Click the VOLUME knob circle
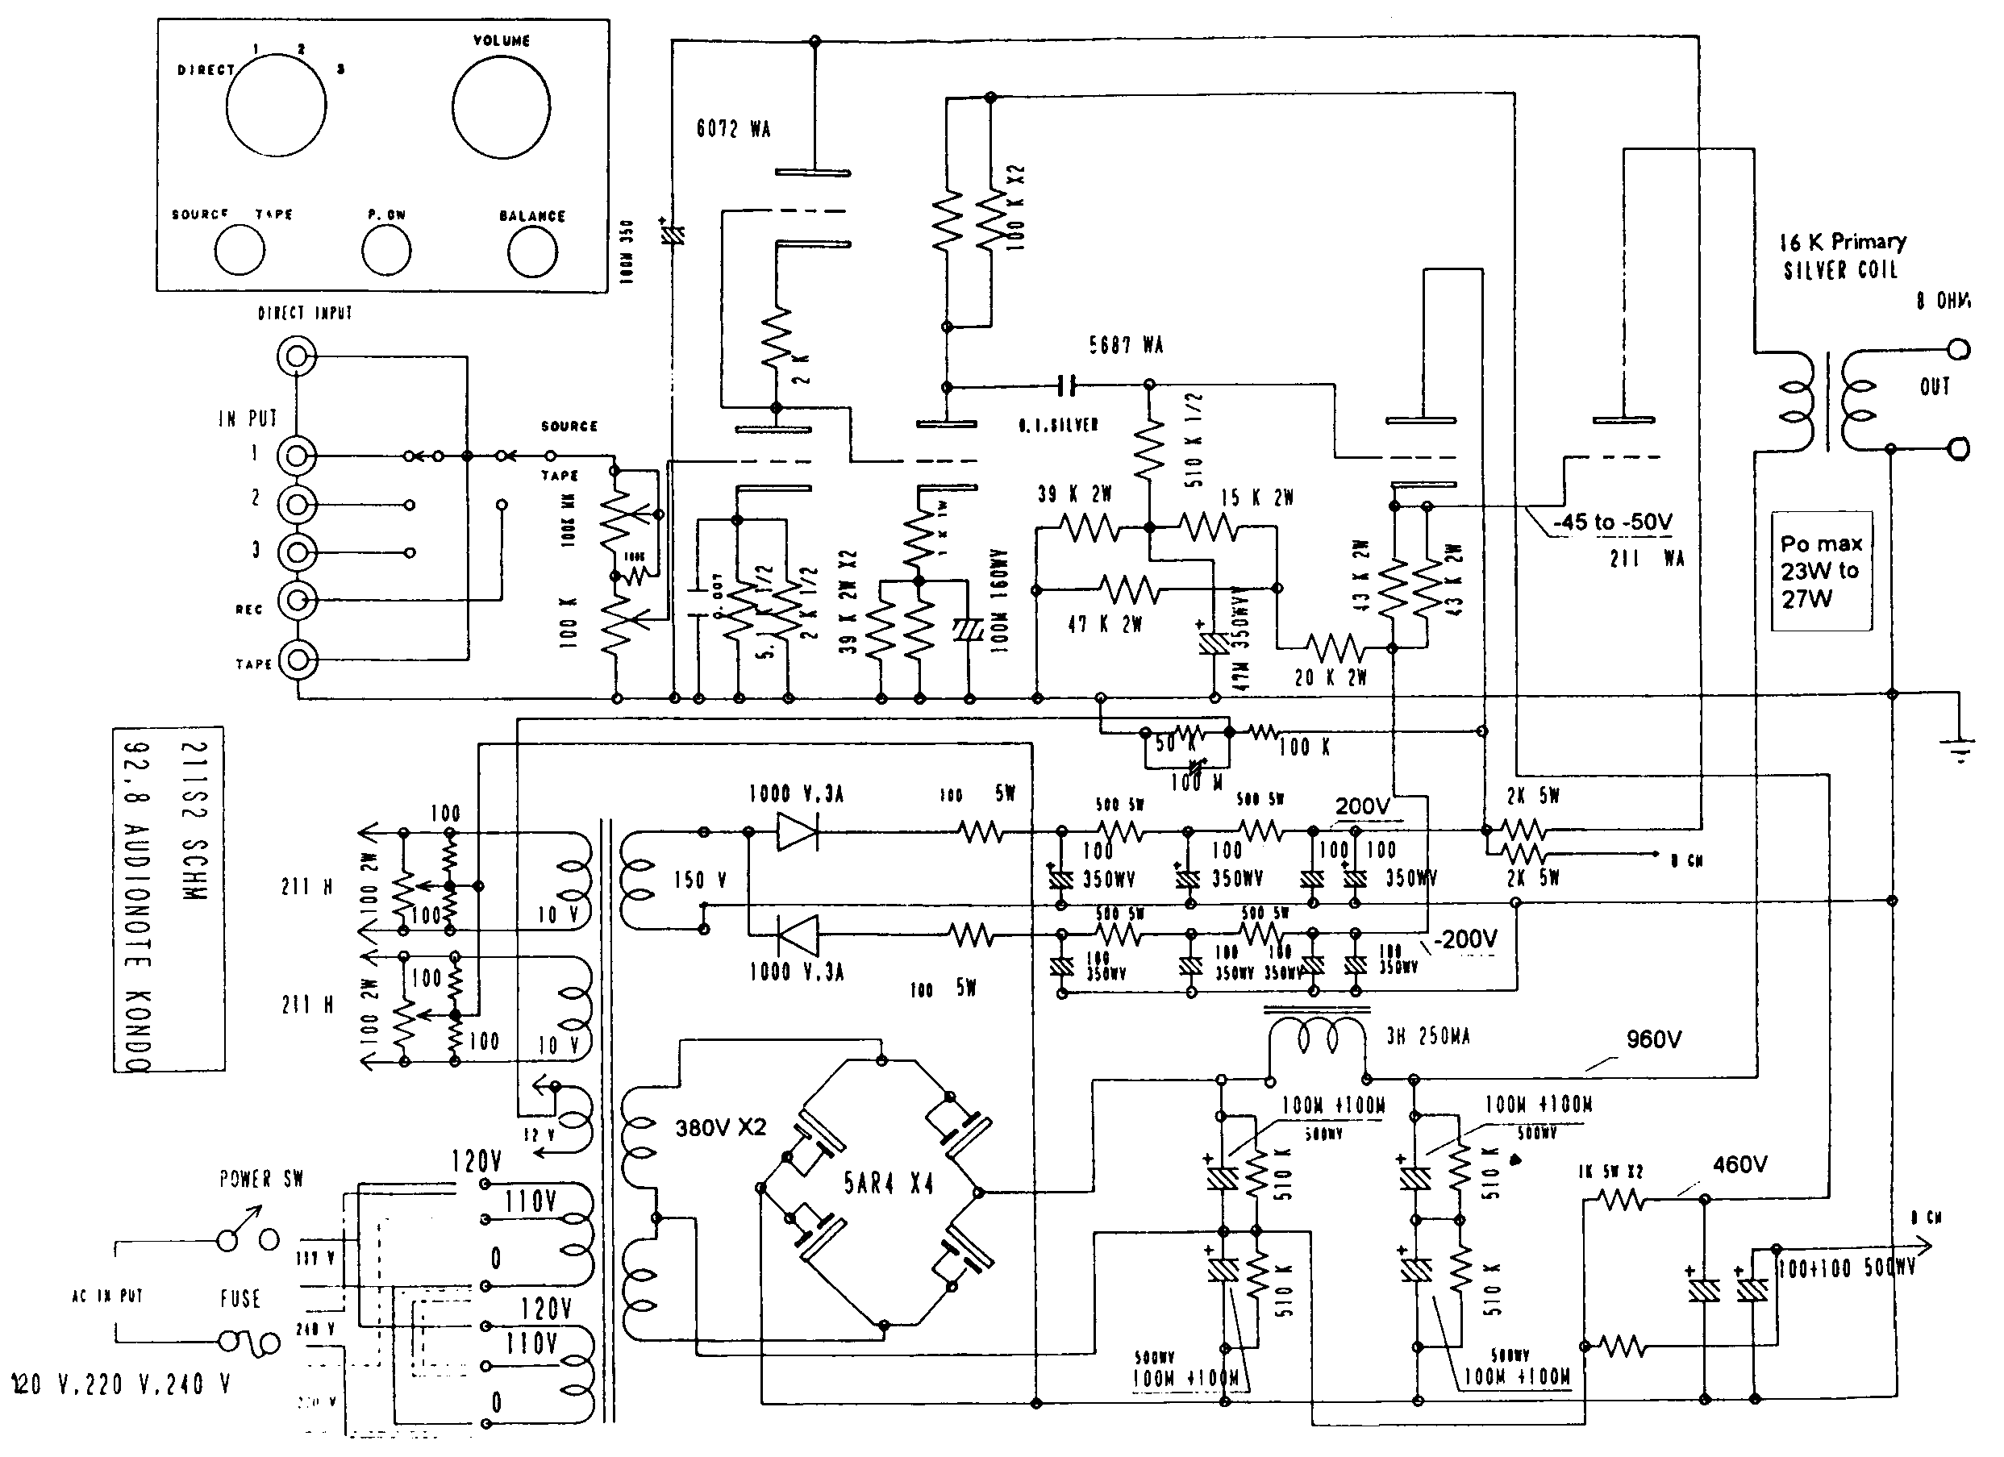coord(501,107)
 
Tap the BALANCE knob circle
coord(532,252)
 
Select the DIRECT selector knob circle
coord(276,106)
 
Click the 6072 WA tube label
coord(733,129)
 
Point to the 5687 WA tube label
coord(1126,345)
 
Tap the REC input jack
coord(297,601)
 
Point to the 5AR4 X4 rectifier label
coord(888,1184)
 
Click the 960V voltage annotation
coord(1653,1040)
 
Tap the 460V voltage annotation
coord(1739,1164)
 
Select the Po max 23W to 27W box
coord(1821,571)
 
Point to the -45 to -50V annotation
coord(1613,522)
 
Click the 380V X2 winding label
coord(720,1127)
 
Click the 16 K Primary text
coord(1842,241)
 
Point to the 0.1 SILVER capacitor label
coord(1058,426)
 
